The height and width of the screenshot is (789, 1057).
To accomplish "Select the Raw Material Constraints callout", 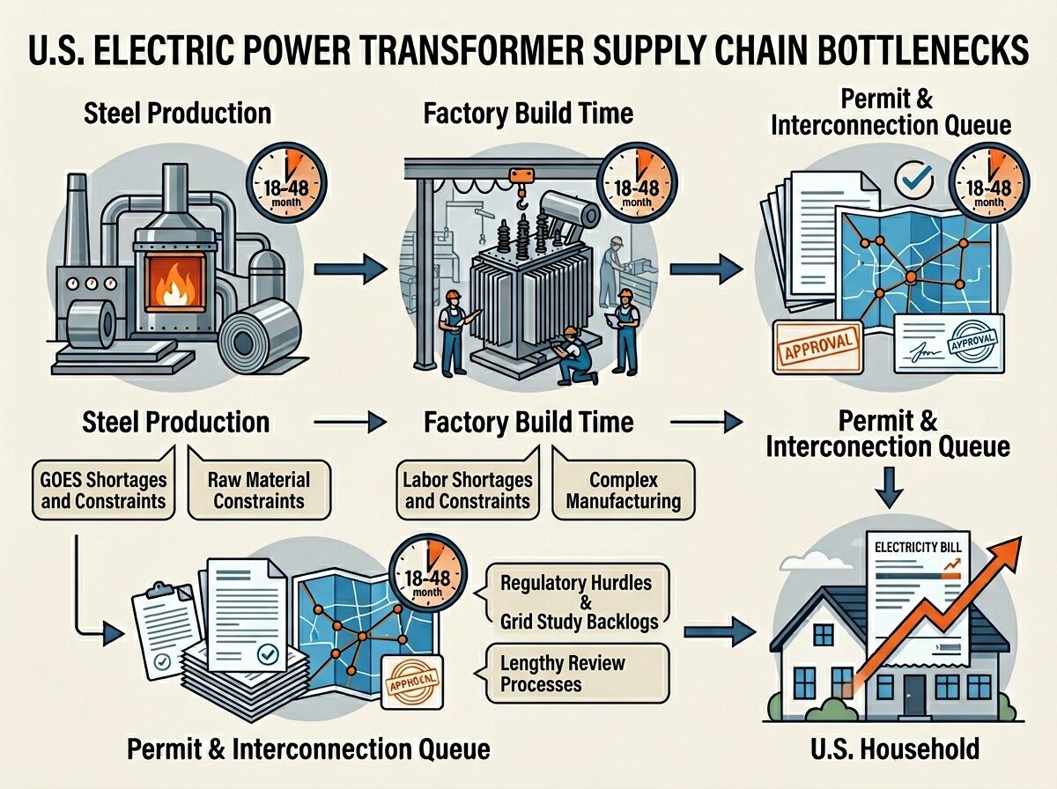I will point(258,491).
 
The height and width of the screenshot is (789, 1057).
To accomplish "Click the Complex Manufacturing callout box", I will point(623,491).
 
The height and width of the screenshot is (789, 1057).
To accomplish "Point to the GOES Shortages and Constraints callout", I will point(103,491).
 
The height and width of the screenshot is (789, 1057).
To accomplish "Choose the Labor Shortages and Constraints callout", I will point(468,491).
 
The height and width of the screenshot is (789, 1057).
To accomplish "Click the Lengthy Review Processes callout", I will point(554,672).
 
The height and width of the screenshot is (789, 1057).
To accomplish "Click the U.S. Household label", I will point(895,749).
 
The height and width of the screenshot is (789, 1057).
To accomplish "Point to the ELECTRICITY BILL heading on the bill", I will point(918,547).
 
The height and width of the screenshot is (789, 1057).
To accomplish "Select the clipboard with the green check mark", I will point(162,625).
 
